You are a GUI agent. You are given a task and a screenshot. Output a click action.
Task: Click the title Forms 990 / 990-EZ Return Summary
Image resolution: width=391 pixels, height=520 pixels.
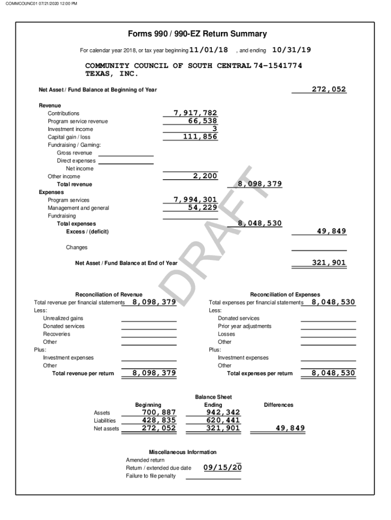point(198,34)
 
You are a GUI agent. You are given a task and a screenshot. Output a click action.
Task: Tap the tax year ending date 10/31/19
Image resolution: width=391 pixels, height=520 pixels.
point(291,50)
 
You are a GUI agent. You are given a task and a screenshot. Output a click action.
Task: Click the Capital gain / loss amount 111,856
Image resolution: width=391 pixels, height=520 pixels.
point(200,137)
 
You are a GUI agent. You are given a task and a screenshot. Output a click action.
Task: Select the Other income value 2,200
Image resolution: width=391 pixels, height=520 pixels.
point(205,176)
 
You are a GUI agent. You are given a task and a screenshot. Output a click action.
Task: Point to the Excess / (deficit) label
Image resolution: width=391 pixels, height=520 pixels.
point(87,232)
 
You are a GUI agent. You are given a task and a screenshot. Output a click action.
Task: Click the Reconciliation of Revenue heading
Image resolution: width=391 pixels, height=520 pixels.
point(109,295)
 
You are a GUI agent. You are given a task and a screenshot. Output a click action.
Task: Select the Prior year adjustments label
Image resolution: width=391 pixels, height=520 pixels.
point(244,326)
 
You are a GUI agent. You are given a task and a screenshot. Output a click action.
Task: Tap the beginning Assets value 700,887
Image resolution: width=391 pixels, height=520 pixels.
point(158,412)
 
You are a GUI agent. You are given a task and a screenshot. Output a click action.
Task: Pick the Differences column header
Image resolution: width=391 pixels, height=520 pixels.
point(278,405)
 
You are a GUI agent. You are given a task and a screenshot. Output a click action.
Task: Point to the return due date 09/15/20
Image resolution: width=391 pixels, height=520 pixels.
point(222,467)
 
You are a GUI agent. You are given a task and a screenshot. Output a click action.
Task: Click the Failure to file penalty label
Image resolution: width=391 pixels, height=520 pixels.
point(151,476)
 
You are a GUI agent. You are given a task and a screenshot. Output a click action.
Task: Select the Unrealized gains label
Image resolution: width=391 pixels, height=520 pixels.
point(63,318)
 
